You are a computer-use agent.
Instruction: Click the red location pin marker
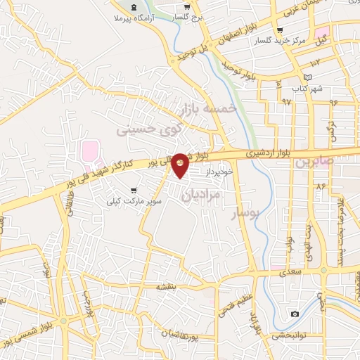point(181,165)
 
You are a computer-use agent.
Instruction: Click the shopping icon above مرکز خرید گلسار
point(280,30)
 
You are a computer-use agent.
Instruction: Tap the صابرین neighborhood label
point(311,162)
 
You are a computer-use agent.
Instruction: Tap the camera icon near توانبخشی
point(294,313)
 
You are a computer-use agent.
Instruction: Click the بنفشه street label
point(184,286)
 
